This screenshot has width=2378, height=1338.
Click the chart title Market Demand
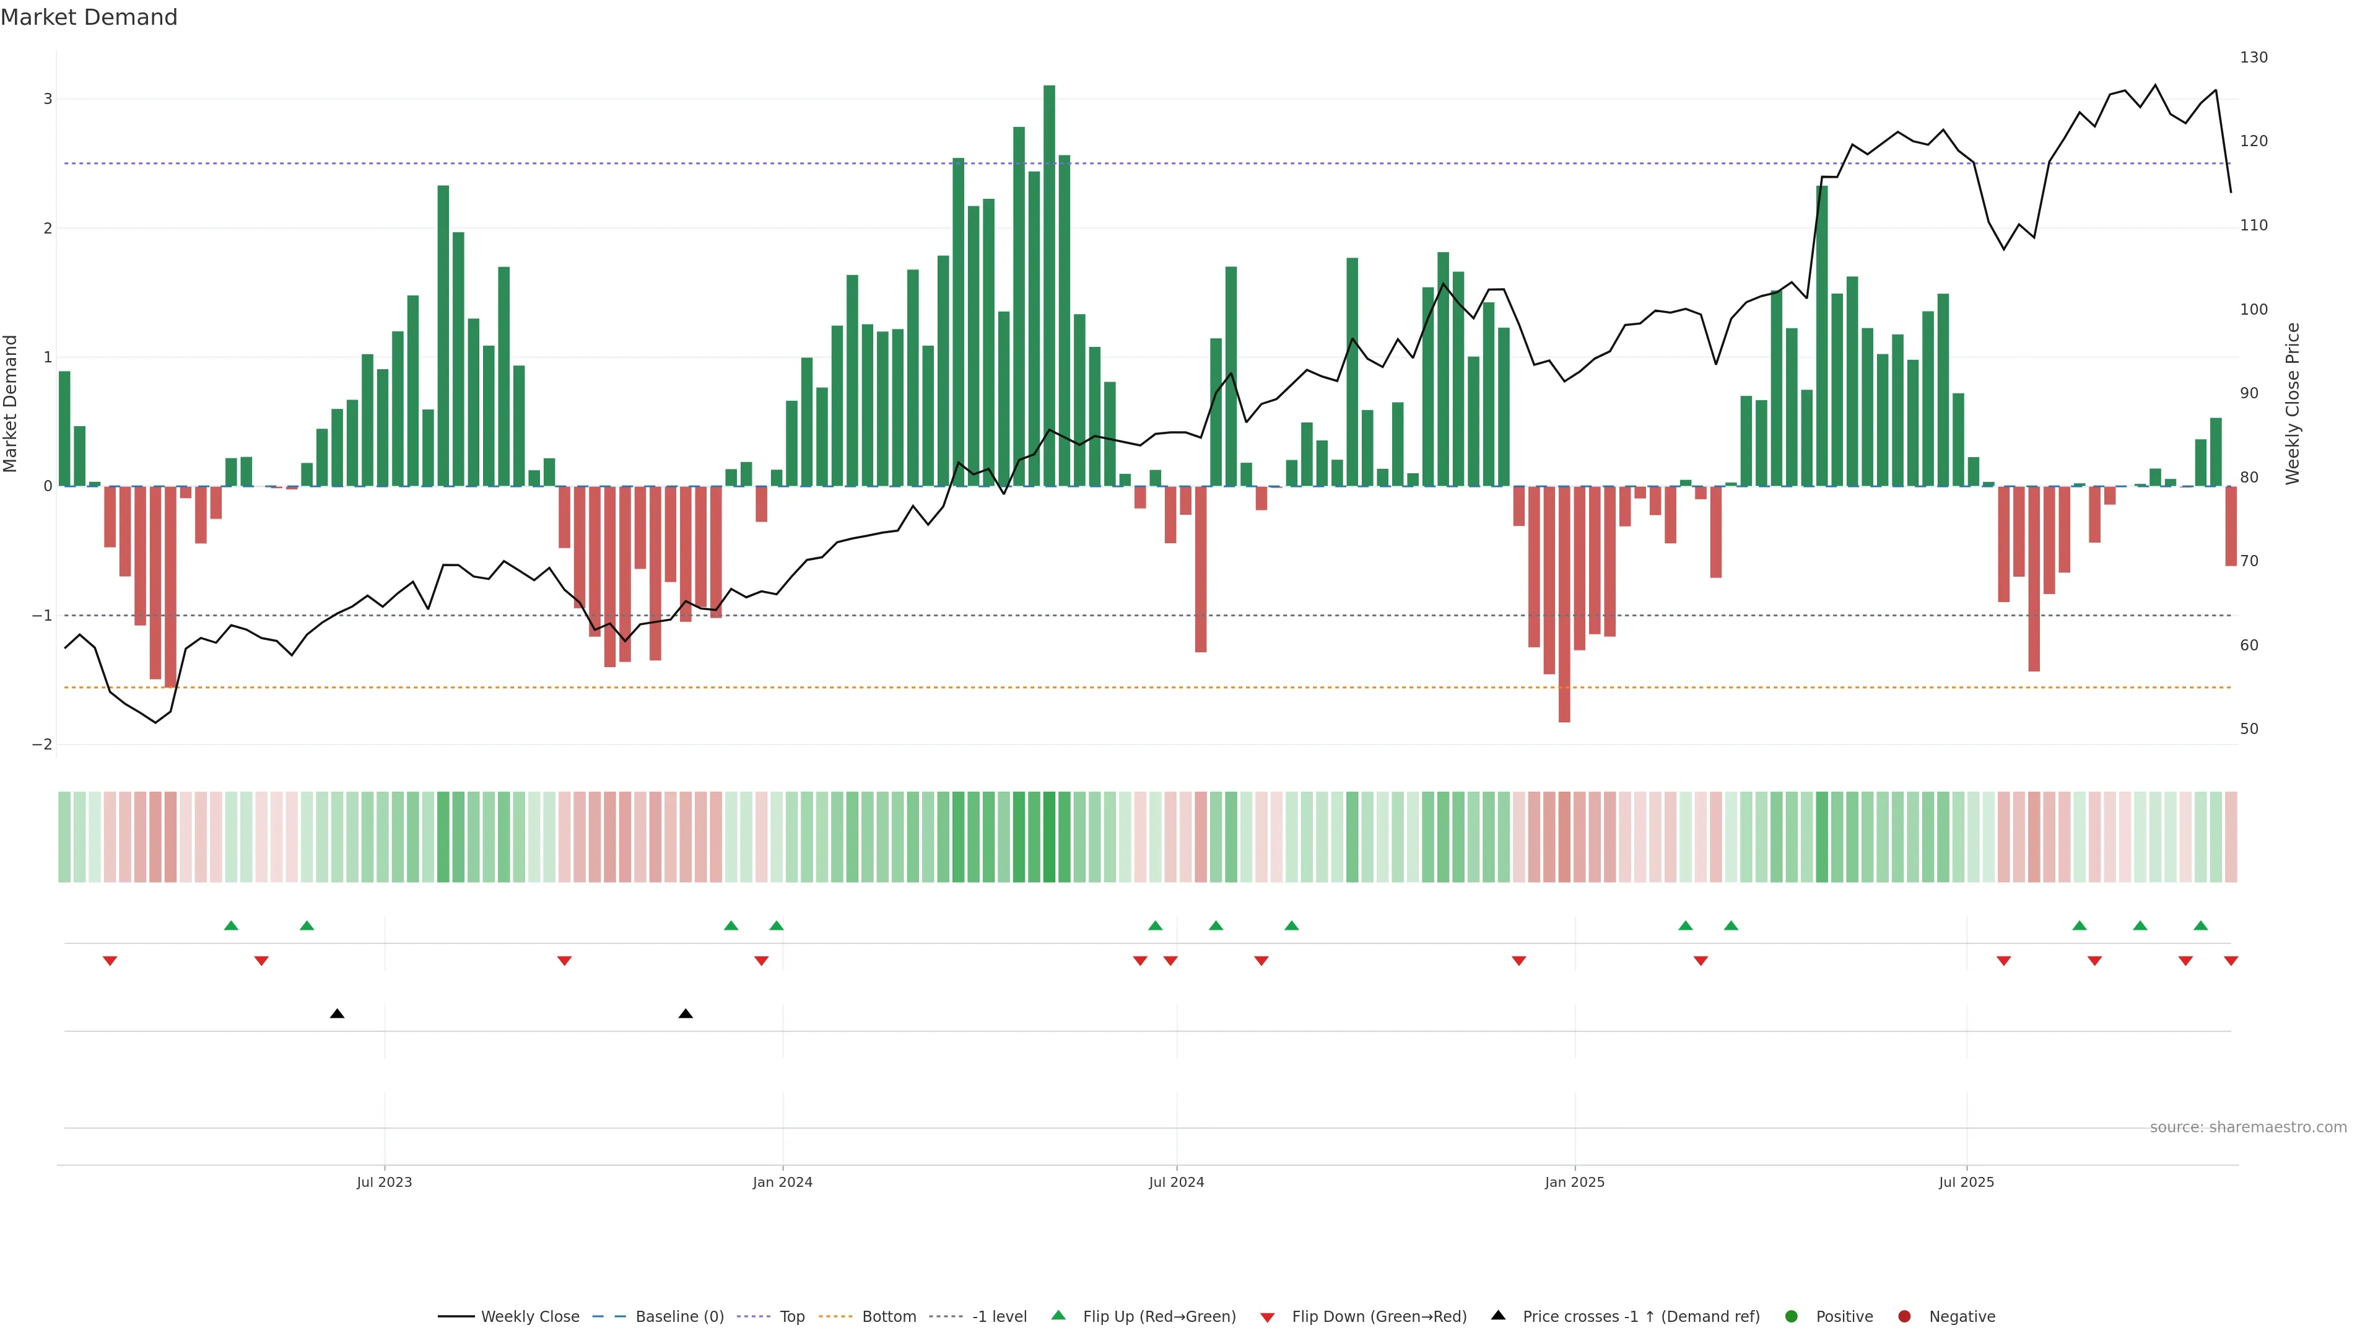[89, 17]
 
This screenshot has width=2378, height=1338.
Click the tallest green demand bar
[1048, 286]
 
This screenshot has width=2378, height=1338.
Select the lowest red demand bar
[1564, 604]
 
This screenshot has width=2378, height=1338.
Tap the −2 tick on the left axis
[43, 744]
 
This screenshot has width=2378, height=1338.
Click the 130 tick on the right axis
[2254, 57]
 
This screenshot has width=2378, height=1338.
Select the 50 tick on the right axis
[2249, 728]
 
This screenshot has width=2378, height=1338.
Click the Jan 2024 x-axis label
[782, 1182]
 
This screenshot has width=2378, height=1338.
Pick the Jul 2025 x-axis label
[1966, 1182]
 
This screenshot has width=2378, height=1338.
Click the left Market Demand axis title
[11, 403]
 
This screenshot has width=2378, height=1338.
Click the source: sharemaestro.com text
[2248, 1127]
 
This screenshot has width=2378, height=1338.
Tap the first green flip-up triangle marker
[231, 925]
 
